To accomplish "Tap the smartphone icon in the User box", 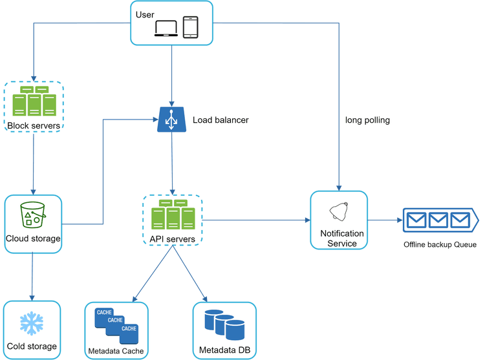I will (x=191, y=27).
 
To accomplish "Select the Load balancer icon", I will (x=171, y=120).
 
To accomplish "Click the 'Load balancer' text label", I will (x=221, y=120).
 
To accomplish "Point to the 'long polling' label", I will (x=367, y=120).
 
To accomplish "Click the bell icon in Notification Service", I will (x=339, y=212).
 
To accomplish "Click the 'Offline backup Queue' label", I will (x=440, y=245).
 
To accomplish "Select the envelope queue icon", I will (x=440, y=220).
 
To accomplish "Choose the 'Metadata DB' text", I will (x=224, y=350).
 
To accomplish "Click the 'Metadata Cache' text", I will (x=116, y=351).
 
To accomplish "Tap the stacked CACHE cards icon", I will (x=116, y=323).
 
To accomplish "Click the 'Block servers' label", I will (x=33, y=125).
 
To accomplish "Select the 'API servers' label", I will (x=172, y=239).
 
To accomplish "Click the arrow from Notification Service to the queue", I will (x=384, y=220).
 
